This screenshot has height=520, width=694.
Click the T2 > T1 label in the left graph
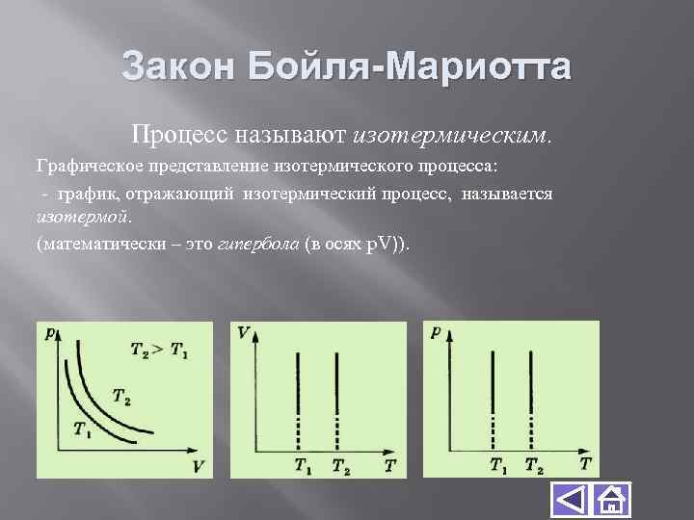pos(159,351)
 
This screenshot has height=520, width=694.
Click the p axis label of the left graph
pos(49,333)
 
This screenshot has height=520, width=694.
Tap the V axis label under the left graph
pos(199,466)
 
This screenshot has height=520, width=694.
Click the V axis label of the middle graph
pos(243,332)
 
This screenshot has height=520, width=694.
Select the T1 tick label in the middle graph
pos(303,466)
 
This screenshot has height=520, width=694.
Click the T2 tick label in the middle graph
pos(341,466)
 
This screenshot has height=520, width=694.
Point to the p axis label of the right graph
pos(439,332)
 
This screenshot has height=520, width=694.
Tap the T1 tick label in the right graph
pos(498,466)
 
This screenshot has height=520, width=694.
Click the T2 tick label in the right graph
pos(534,466)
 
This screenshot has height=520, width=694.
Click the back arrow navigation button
pos(571,501)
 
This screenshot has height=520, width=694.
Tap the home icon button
pos(610,501)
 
